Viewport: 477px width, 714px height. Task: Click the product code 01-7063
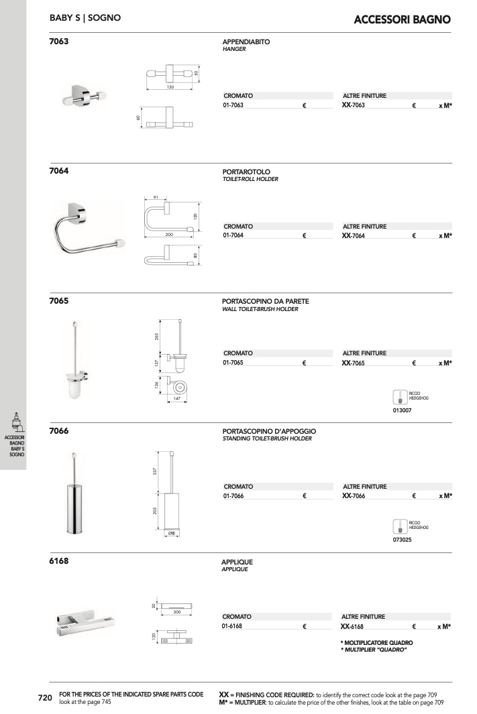233,105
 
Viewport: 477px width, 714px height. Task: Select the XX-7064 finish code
353,235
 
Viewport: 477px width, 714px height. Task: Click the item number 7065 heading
59,300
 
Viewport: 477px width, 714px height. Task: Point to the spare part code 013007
402,410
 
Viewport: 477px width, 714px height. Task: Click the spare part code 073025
402,540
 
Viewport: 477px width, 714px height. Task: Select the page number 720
45,698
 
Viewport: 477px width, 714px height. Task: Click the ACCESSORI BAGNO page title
403,19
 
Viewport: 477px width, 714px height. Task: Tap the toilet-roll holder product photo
89,228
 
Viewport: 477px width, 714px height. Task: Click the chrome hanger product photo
84,95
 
